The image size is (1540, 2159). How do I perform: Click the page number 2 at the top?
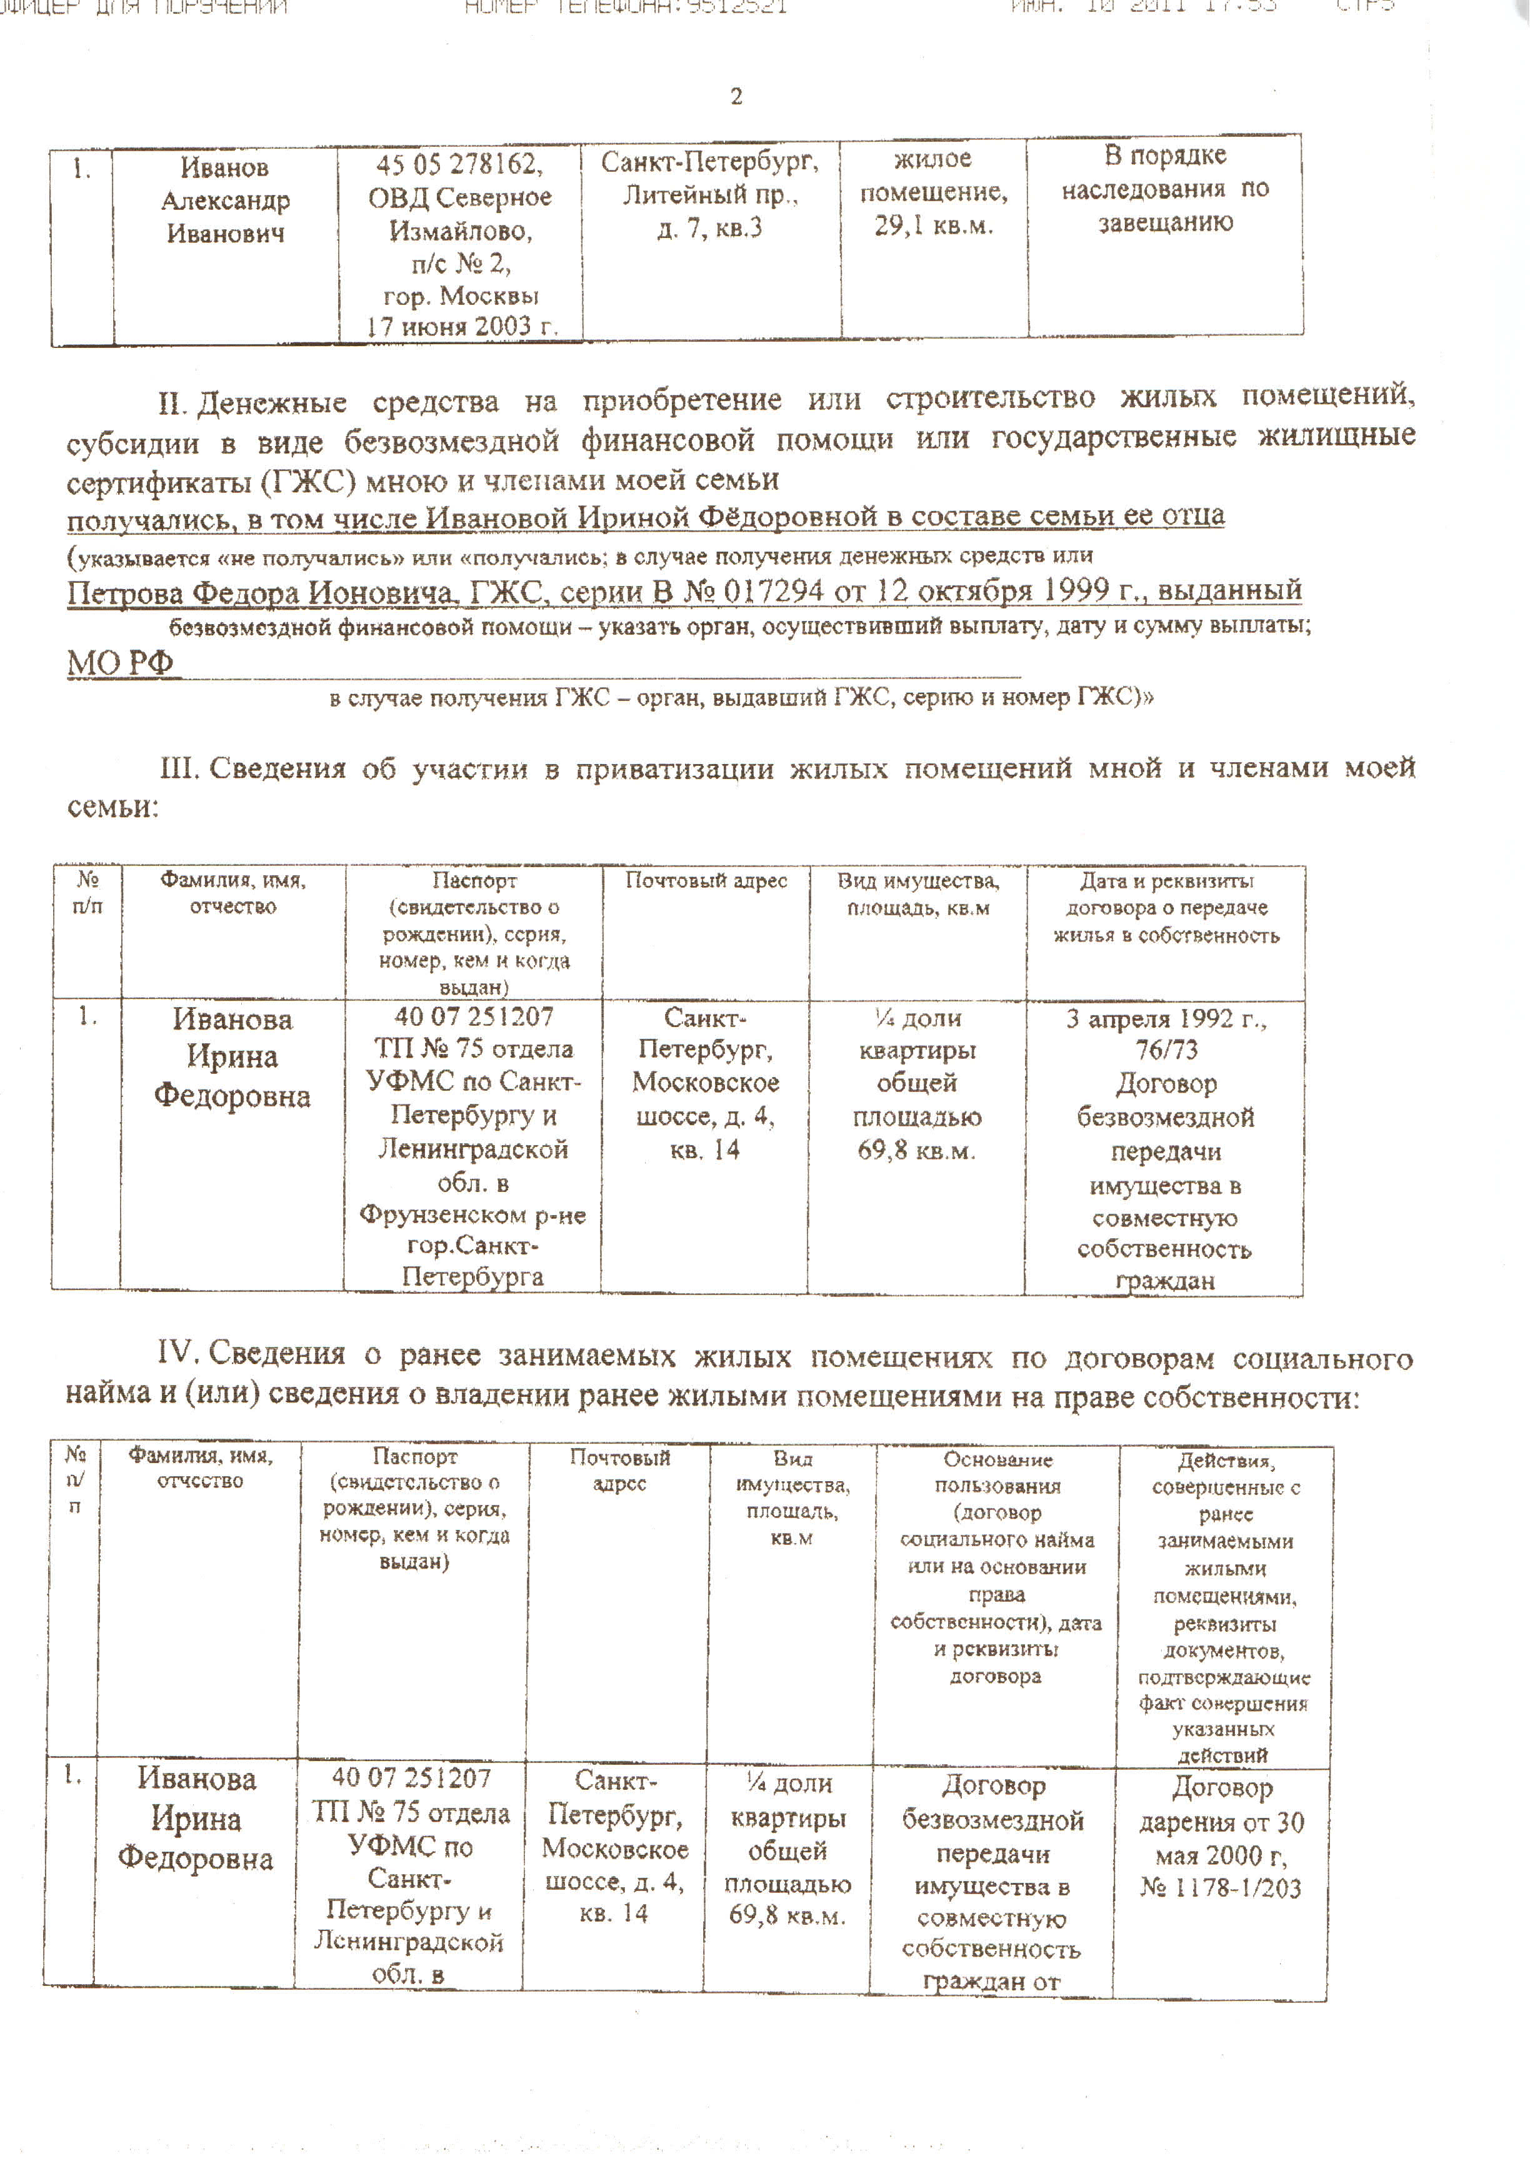click(x=736, y=96)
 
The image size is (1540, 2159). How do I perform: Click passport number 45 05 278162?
click(x=459, y=165)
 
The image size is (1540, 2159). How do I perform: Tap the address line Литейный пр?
click(x=710, y=196)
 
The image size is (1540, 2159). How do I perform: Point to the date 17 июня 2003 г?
click(x=461, y=326)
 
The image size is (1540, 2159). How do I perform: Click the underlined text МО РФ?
click(x=121, y=662)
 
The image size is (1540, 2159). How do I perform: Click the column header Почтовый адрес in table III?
click(x=706, y=880)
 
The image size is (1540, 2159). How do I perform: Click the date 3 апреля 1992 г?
click(x=1166, y=1019)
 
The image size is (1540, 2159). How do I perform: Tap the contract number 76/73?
click(x=1166, y=1050)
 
